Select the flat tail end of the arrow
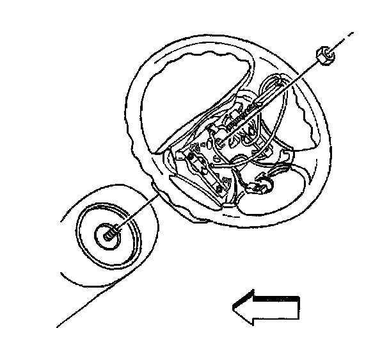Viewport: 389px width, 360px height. coord(298,309)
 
